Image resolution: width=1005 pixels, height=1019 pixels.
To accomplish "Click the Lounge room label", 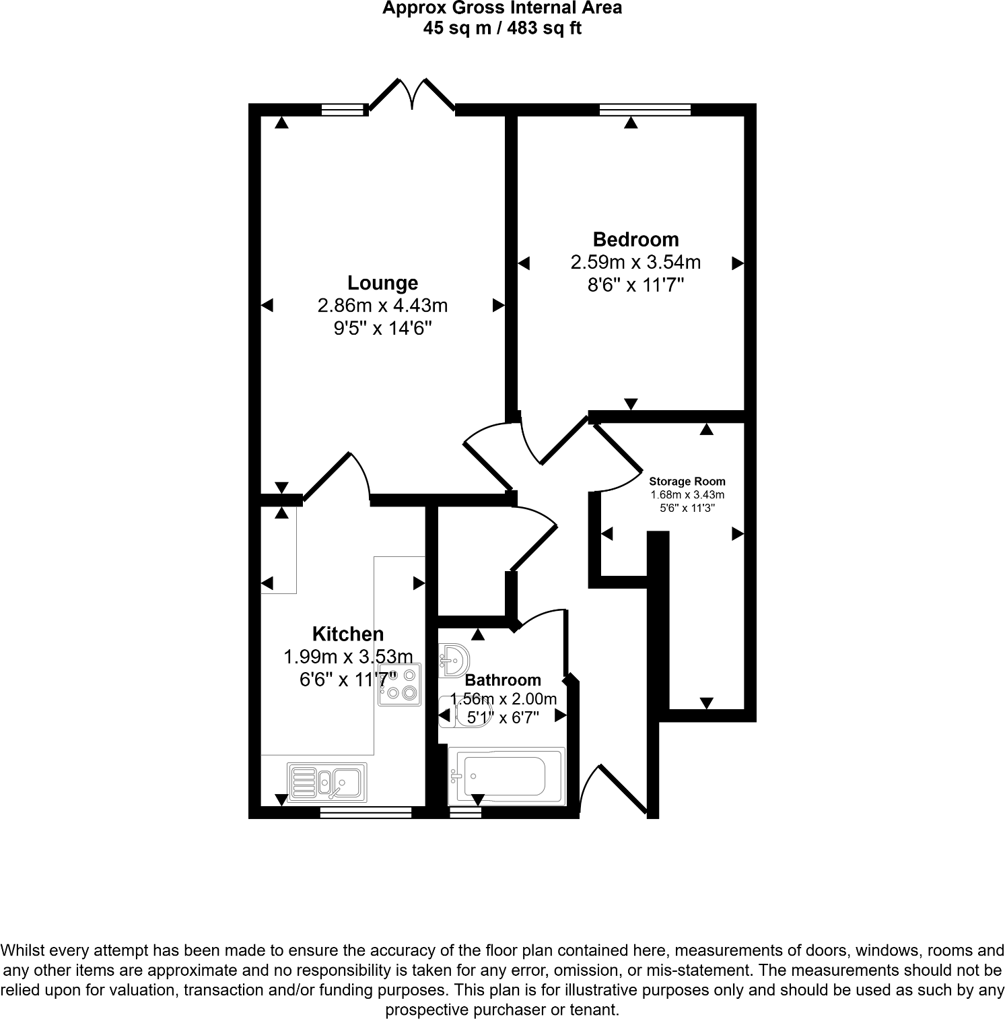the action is click(382, 283).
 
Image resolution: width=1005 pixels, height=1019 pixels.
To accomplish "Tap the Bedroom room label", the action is click(635, 239).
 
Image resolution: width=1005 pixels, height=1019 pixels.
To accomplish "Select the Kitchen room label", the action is click(348, 634).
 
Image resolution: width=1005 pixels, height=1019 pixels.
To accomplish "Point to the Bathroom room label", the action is click(503, 680).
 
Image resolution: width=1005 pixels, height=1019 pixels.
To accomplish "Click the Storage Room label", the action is click(687, 482).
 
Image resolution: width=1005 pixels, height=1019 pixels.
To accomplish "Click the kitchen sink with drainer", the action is click(327, 781).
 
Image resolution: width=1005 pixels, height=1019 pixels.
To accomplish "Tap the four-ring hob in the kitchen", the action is click(400, 685).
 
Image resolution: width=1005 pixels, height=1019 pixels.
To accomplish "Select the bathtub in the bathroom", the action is click(506, 776).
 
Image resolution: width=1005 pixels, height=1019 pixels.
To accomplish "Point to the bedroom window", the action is click(645, 109).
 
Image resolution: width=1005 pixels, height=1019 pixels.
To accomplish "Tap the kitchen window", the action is click(366, 813).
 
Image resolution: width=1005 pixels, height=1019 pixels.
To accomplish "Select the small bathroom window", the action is click(466, 813).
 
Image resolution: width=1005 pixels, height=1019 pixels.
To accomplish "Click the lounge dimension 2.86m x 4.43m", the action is click(382, 306).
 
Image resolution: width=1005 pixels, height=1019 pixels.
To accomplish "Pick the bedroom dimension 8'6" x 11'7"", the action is click(635, 285).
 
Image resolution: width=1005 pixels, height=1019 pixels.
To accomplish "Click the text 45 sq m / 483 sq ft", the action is click(501, 28).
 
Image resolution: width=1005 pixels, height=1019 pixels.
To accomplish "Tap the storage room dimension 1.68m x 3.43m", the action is click(687, 495).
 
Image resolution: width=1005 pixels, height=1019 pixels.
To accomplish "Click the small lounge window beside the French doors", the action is click(343, 109).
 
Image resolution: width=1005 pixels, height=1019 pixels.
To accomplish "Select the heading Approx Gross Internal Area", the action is click(502, 9).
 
